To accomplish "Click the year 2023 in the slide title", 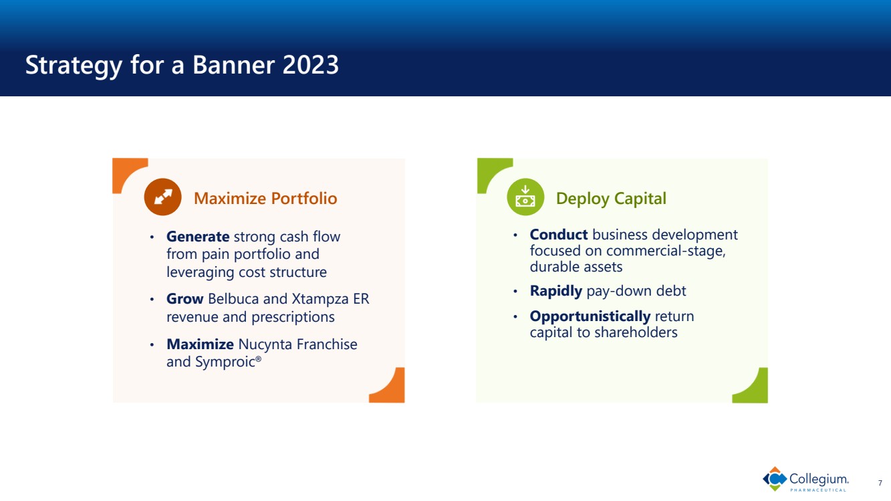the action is click(x=311, y=64).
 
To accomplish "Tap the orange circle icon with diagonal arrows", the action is click(x=162, y=197).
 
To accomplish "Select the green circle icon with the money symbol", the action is click(x=525, y=197).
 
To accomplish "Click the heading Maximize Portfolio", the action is click(x=265, y=198).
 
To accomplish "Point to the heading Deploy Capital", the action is click(x=611, y=199).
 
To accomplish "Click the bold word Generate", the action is click(x=198, y=236).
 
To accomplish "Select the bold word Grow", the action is click(x=185, y=298).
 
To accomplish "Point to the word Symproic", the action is click(x=214, y=362).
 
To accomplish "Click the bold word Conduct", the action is click(x=559, y=234).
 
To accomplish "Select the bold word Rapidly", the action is click(x=556, y=291).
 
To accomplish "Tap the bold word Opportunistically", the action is click(x=590, y=316).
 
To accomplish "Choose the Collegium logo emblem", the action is click(x=775, y=479).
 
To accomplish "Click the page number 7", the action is click(x=880, y=483).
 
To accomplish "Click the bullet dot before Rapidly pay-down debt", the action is click(x=515, y=291).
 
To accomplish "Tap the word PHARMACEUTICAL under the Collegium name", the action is click(x=818, y=490).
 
